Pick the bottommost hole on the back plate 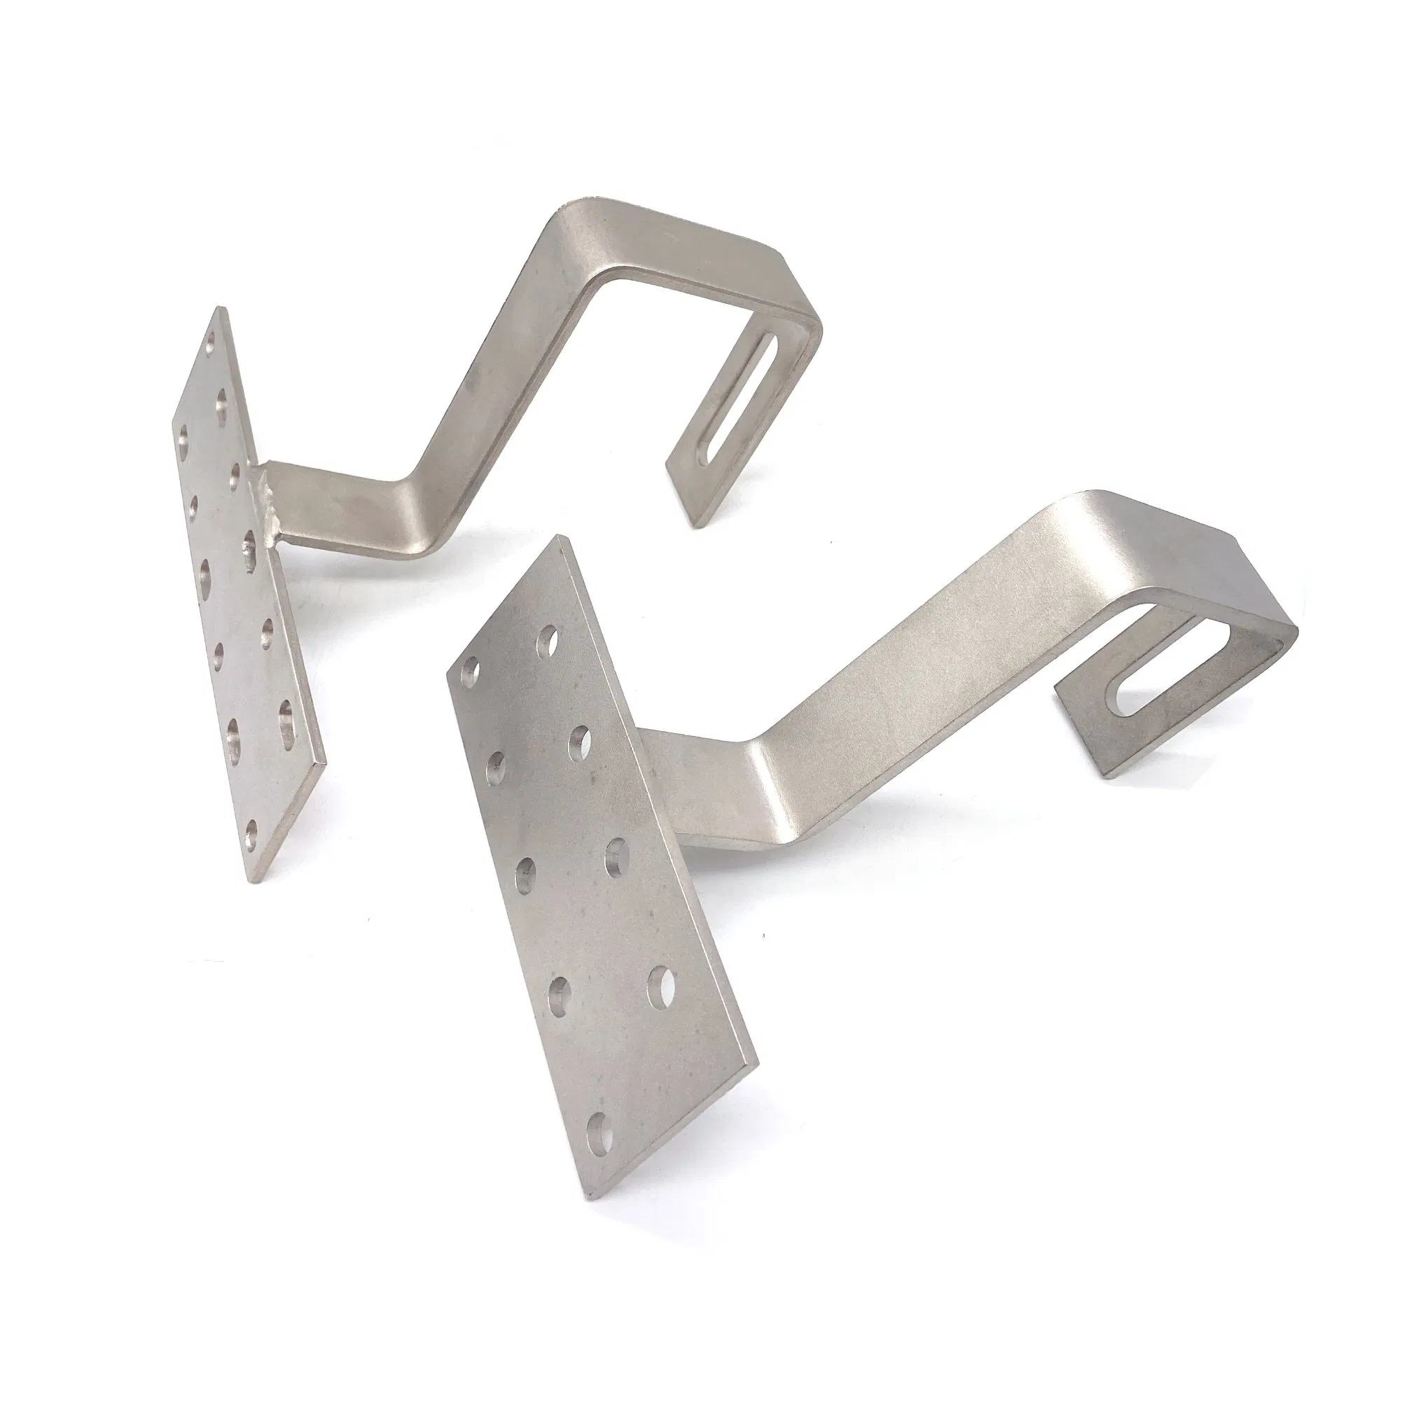tap(252, 833)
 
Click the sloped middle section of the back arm tap(496, 350)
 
